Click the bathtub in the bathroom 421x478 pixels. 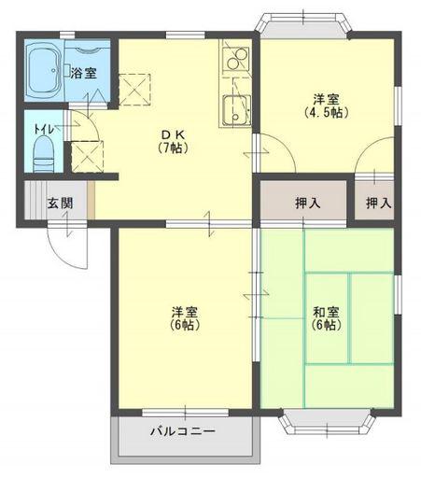click(43, 70)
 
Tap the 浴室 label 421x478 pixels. click(83, 74)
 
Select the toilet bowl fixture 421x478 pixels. click(44, 154)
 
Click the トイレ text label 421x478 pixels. click(44, 129)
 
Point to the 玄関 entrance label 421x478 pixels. click(60, 203)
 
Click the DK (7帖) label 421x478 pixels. click(174, 141)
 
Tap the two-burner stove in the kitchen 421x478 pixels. click(236, 59)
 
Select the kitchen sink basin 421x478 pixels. click(237, 110)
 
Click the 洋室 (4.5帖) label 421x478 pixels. click(326, 105)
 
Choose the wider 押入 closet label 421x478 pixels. click(308, 203)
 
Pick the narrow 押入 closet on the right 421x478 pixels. click(374, 200)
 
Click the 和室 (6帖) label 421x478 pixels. click(326, 318)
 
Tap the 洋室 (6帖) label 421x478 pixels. click(185, 318)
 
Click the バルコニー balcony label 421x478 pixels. click(183, 431)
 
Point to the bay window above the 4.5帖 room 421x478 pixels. click(303, 25)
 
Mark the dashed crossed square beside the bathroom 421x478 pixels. click(134, 90)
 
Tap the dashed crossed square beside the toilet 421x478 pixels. click(87, 157)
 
